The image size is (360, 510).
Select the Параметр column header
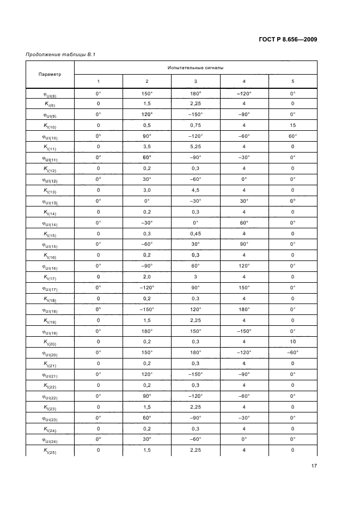[50, 74]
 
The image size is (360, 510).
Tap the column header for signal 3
[196, 81]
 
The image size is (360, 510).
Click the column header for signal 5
[292, 81]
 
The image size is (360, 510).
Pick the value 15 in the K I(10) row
[292, 125]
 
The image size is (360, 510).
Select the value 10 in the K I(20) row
[292, 342]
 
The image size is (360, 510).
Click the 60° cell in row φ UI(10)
[292, 136]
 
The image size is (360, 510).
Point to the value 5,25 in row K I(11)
[196, 147]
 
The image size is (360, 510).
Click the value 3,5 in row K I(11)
[147, 147]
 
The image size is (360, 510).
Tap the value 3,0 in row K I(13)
[147, 190]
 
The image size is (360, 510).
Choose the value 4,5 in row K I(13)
[196, 190]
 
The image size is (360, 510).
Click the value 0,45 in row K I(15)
[196, 233]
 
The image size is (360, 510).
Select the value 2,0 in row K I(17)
[147, 277]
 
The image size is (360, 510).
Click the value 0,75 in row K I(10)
[196, 125]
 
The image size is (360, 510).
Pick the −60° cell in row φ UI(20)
[292, 353]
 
